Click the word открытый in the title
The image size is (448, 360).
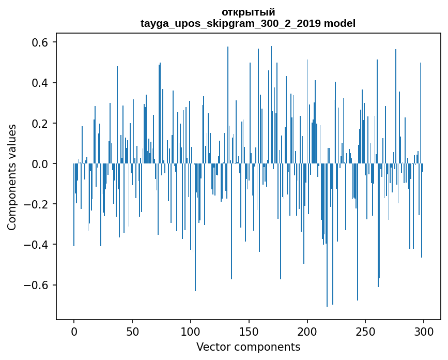(x=248, y=12)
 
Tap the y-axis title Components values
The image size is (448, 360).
(x=11, y=177)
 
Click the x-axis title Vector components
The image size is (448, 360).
(x=248, y=347)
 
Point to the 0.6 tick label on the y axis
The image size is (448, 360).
(x=41, y=42)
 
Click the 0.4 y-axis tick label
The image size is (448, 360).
(x=41, y=83)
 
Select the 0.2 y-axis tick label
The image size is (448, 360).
(x=41, y=124)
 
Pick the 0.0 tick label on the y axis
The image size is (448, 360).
(x=41, y=164)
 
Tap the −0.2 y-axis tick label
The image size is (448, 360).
(x=37, y=204)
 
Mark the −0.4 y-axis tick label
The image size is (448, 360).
(x=37, y=245)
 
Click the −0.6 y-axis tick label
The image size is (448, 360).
(x=37, y=285)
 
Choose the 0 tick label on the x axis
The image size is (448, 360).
(x=74, y=332)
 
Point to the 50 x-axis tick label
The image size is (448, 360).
(x=132, y=332)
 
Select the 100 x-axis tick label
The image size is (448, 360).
(x=191, y=332)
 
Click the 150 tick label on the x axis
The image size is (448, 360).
(x=249, y=332)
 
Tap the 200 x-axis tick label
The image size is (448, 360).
(x=307, y=332)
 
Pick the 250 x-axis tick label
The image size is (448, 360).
(x=366, y=332)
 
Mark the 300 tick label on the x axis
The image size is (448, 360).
(x=424, y=332)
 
